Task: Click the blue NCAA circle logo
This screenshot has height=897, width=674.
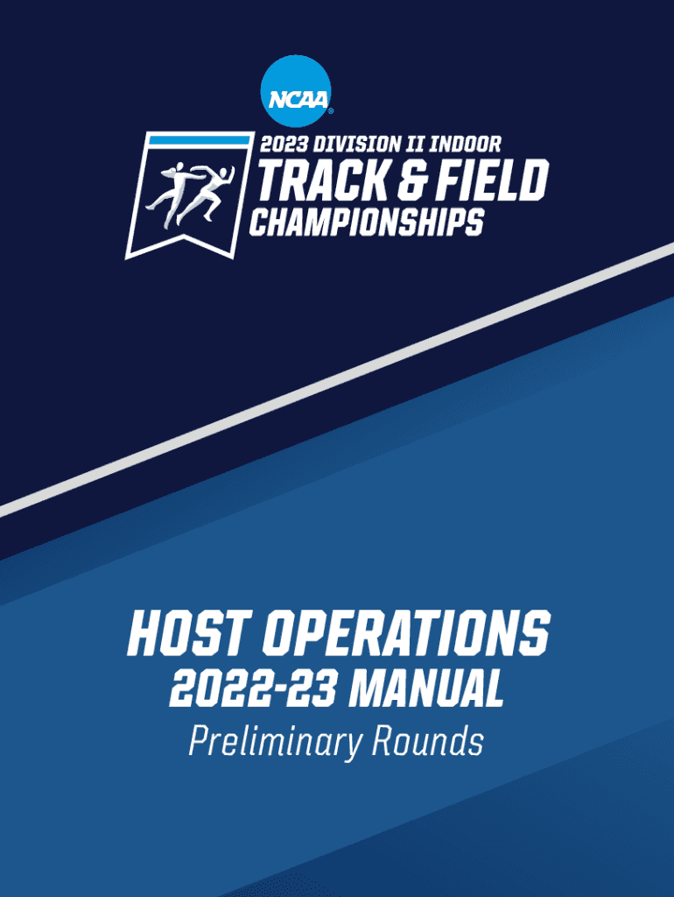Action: click(x=296, y=91)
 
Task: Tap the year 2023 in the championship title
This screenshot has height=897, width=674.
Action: click(x=284, y=144)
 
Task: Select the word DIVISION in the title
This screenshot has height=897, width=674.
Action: click(x=356, y=144)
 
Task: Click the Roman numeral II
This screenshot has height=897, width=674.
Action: click(x=414, y=144)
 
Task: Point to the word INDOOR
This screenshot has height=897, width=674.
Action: click(x=465, y=144)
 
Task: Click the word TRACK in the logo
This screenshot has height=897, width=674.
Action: click(x=322, y=180)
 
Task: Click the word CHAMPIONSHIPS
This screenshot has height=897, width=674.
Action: click(x=367, y=222)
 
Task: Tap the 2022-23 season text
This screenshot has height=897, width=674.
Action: click(x=253, y=689)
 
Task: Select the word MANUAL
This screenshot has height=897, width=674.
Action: click(x=426, y=689)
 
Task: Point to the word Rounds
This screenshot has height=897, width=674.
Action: click(x=428, y=740)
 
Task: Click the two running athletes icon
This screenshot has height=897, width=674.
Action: click(x=190, y=194)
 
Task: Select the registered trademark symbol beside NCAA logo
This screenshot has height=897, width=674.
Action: click(x=330, y=111)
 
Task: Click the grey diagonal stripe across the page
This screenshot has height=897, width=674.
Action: click(x=337, y=380)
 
